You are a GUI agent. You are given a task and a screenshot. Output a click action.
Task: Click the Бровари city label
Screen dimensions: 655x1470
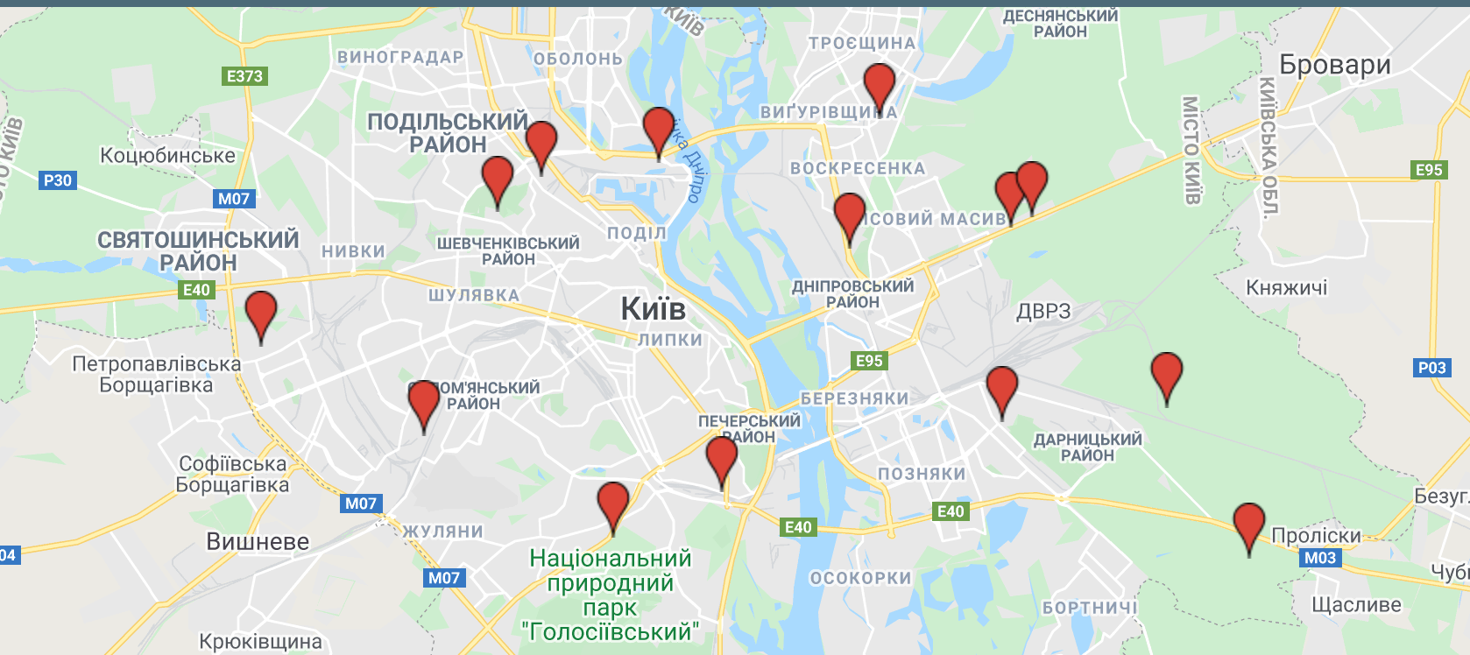(x=1334, y=65)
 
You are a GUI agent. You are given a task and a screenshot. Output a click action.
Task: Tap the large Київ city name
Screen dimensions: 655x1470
(x=653, y=309)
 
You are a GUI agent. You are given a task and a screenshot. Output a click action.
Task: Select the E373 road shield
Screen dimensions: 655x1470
(x=244, y=76)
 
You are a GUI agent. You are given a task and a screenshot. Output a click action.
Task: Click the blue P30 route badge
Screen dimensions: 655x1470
(x=58, y=180)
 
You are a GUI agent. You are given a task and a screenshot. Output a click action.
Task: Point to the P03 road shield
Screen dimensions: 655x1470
(x=1431, y=368)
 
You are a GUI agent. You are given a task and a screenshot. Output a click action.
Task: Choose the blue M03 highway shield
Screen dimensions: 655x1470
(x=1319, y=558)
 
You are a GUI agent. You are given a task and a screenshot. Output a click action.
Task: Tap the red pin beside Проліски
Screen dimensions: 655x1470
(x=1248, y=524)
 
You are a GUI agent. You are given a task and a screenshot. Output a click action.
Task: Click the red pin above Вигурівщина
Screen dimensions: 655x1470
(x=879, y=84)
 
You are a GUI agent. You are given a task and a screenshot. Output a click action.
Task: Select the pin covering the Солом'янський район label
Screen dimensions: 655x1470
(x=424, y=401)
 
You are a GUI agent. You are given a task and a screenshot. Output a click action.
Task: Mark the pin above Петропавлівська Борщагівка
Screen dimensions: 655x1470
(x=261, y=312)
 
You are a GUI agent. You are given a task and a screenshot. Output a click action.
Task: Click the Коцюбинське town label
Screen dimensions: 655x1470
(x=167, y=155)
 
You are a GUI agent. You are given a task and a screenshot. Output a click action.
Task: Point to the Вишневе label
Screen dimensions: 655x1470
(x=258, y=542)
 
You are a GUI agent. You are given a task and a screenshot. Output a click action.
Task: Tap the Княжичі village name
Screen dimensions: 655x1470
(x=1286, y=287)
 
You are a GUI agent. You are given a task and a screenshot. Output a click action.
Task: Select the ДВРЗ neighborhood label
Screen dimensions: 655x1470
(x=1043, y=311)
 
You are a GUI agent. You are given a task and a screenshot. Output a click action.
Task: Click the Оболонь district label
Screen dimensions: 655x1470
(x=577, y=59)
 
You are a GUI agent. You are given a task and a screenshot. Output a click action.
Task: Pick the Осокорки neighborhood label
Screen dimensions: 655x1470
(x=860, y=578)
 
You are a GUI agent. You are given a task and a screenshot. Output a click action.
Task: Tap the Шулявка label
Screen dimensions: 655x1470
(x=473, y=295)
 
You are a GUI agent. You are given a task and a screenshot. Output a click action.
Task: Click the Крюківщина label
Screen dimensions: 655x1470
(x=260, y=641)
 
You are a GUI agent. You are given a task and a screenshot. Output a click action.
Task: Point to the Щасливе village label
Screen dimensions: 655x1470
(x=1355, y=604)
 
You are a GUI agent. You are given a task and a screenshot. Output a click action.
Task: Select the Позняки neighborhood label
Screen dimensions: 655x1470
(x=922, y=474)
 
